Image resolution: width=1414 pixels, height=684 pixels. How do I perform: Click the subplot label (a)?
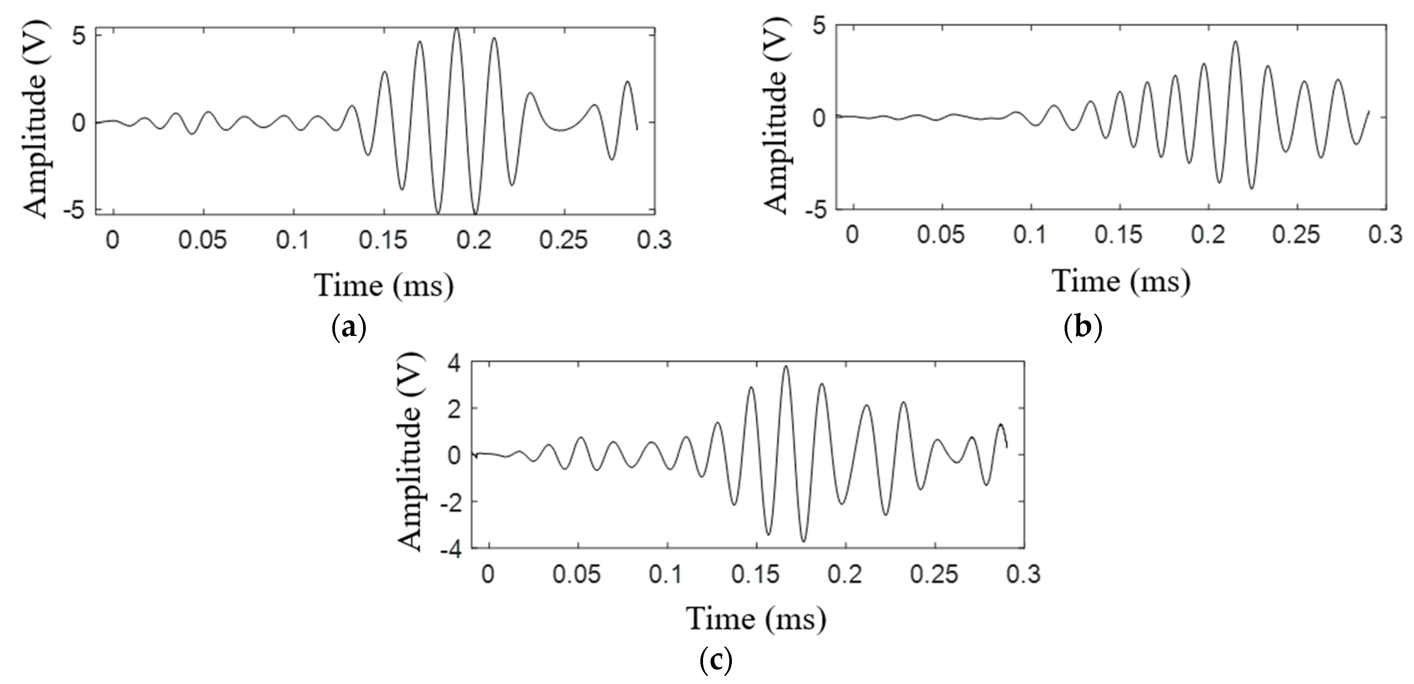(x=349, y=329)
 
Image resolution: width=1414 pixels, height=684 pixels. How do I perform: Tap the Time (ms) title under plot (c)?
(x=756, y=618)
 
